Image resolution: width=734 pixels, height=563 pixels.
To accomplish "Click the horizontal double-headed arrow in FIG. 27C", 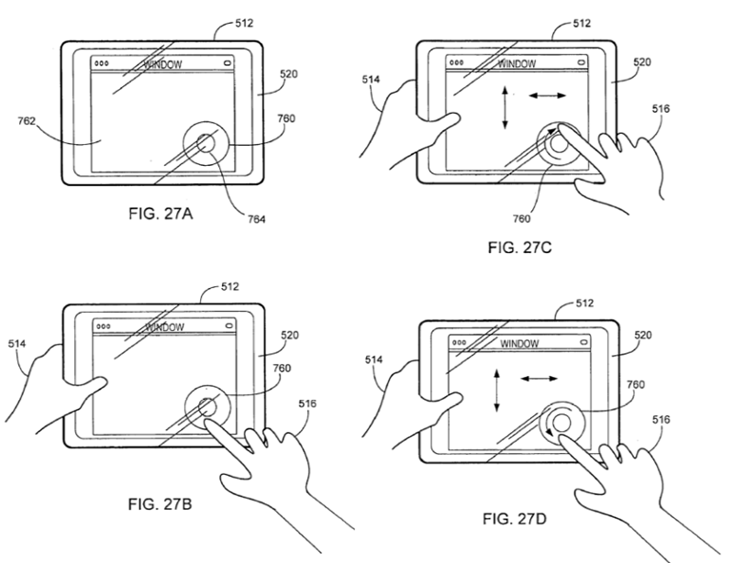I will [547, 95].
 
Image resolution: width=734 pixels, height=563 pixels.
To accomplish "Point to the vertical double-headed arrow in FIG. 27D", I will [496, 389].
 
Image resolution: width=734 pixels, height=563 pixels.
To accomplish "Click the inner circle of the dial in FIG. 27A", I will [206, 143].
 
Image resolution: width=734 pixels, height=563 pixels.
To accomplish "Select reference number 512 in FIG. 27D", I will [584, 302].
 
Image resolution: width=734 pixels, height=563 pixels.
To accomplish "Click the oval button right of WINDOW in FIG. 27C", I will [583, 64].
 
